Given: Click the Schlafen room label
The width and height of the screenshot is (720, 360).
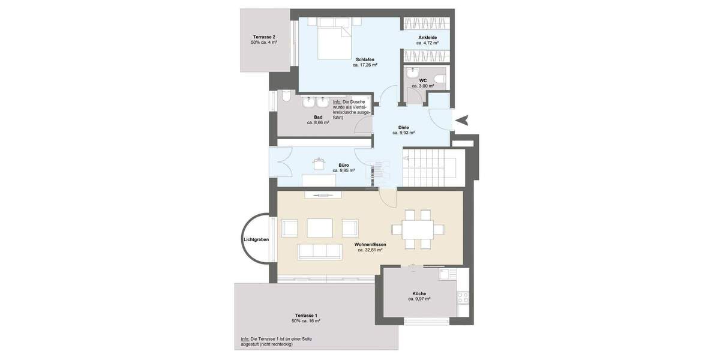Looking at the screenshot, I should click(x=365, y=59).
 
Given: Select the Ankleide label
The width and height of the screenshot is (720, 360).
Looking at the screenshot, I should click(x=427, y=38).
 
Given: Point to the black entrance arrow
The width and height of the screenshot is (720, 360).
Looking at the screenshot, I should click(x=461, y=121).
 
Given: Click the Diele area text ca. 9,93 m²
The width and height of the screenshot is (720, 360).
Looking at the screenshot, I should click(x=404, y=133).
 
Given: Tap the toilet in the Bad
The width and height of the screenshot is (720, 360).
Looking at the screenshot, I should click(x=286, y=98).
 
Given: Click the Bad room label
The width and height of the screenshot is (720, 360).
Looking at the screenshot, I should click(x=318, y=117).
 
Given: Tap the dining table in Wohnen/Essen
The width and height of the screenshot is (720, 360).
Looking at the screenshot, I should click(x=412, y=229).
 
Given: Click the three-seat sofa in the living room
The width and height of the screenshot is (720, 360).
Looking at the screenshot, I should click(x=319, y=251).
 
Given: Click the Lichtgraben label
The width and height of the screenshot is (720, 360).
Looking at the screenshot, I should click(x=256, y=239).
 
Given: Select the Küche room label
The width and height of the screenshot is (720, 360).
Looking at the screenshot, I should click(x=419, y=293).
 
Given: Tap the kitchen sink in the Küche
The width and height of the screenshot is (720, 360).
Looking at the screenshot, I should click(x=447, y=275).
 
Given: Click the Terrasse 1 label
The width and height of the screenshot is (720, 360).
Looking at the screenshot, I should click(x=306, y=316).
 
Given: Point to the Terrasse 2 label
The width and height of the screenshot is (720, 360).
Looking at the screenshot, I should click(x=264, y=37).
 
